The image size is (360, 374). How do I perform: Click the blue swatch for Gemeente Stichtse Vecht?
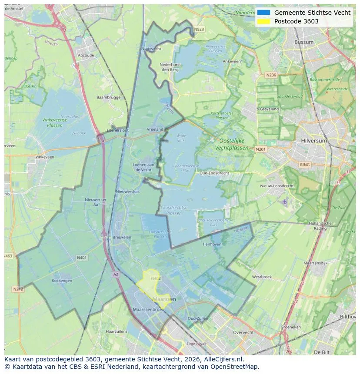click(263, 13)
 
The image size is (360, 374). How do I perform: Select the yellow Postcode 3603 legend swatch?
click(263, 21)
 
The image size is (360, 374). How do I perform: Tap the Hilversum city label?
click(314, 141)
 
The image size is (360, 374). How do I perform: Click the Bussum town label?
click(304, 42)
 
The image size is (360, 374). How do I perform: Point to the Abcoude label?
click(86, 56)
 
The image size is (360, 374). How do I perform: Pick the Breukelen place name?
click(122, 237)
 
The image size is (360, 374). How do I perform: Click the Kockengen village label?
click(62, 281)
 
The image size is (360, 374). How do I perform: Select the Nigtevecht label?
click(151, 49)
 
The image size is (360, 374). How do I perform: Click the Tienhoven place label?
click(212, 244)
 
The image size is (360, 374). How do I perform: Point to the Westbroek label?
click(262, 277)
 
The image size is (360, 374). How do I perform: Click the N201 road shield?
click(260, 149)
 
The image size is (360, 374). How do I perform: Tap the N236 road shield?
click(271, 75)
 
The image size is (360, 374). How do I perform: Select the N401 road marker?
click(82, 258)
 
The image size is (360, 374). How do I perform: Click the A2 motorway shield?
click(116, 274)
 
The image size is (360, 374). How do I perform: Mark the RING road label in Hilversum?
click(305, 165)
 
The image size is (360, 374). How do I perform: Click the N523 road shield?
click(199, 30)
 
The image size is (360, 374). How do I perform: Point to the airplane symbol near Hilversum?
click(285, 202)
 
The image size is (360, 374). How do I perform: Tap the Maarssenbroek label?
click(147, 310)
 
